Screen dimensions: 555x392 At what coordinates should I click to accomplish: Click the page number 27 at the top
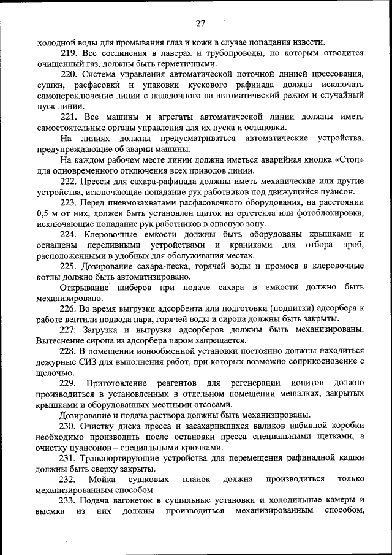(200, 24)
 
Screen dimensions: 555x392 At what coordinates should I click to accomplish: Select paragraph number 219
(69, 53)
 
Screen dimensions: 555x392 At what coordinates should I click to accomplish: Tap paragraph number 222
(69, 182)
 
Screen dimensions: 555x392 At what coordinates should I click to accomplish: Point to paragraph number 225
(69, 267)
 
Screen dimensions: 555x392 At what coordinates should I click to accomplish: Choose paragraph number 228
(69, 351)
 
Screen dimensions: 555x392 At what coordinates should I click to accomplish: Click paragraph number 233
(69, 500)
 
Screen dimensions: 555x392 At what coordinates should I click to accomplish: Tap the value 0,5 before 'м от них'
(43, 213)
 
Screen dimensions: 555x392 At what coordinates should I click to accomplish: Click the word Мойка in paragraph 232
(102, 480)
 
